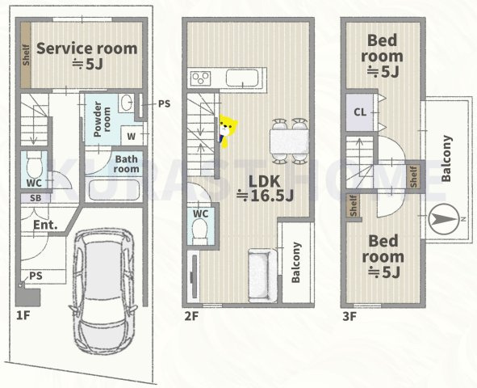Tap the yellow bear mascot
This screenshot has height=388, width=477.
pos(228,131)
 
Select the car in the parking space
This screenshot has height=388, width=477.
pos(103,291)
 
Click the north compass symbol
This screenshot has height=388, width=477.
pos(443,219)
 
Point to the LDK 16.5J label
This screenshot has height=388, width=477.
pos(265,189)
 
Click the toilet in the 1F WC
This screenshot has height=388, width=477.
pos(34,165)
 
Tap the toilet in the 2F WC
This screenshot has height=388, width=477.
pos(200,232)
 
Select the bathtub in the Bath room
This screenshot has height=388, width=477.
pos(113,190)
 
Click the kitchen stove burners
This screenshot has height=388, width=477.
pos(201,78)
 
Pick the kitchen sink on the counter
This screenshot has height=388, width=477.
pos(242,78)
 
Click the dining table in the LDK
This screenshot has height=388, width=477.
pos(289,141)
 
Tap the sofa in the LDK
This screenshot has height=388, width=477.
pos(263,276)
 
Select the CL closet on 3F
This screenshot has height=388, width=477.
pos(360,112)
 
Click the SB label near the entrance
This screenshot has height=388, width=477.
pos(36,198)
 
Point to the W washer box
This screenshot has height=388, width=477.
pos(132,136)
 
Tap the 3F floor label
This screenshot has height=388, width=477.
pos(349,316)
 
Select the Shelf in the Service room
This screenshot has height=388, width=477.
pos(26,55)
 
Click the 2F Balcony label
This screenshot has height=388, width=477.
pos(296,262)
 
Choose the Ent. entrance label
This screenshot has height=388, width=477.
pos(45,225)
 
